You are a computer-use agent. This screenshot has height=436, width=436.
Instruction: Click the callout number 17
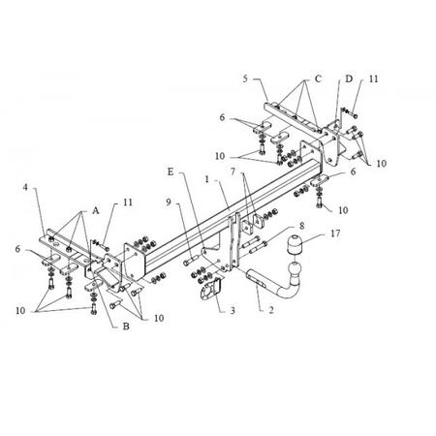point(335,233)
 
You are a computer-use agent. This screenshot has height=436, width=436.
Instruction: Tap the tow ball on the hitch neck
point(294,269)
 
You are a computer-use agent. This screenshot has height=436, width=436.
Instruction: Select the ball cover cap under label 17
point(294,245)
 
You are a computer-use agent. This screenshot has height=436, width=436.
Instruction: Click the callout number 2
point(271,310)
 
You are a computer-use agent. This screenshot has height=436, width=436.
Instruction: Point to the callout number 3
point(233,310)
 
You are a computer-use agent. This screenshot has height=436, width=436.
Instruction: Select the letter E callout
point(171,171)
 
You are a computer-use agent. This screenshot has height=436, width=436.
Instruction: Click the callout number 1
point(207,179)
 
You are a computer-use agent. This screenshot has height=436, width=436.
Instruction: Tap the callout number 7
point(233,171)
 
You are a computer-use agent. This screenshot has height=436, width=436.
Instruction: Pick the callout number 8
point(301,226)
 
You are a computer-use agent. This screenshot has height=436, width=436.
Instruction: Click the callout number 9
point(169,202)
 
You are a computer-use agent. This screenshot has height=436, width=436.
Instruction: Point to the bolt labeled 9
point(191,261)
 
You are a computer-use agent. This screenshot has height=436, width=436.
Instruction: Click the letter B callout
point(126,327)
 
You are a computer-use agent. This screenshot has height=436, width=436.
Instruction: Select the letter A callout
point(95,211)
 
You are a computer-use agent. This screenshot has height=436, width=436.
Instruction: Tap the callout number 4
point(25,187)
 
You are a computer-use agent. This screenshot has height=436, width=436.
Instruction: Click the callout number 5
point(245,78)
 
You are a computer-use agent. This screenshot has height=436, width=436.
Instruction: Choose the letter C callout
point(318,78)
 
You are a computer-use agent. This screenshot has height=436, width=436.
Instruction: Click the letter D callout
point(349,78)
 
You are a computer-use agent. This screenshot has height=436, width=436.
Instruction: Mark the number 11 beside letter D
point(373,78)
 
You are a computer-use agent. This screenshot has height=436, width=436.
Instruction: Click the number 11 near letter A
point(128,202)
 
